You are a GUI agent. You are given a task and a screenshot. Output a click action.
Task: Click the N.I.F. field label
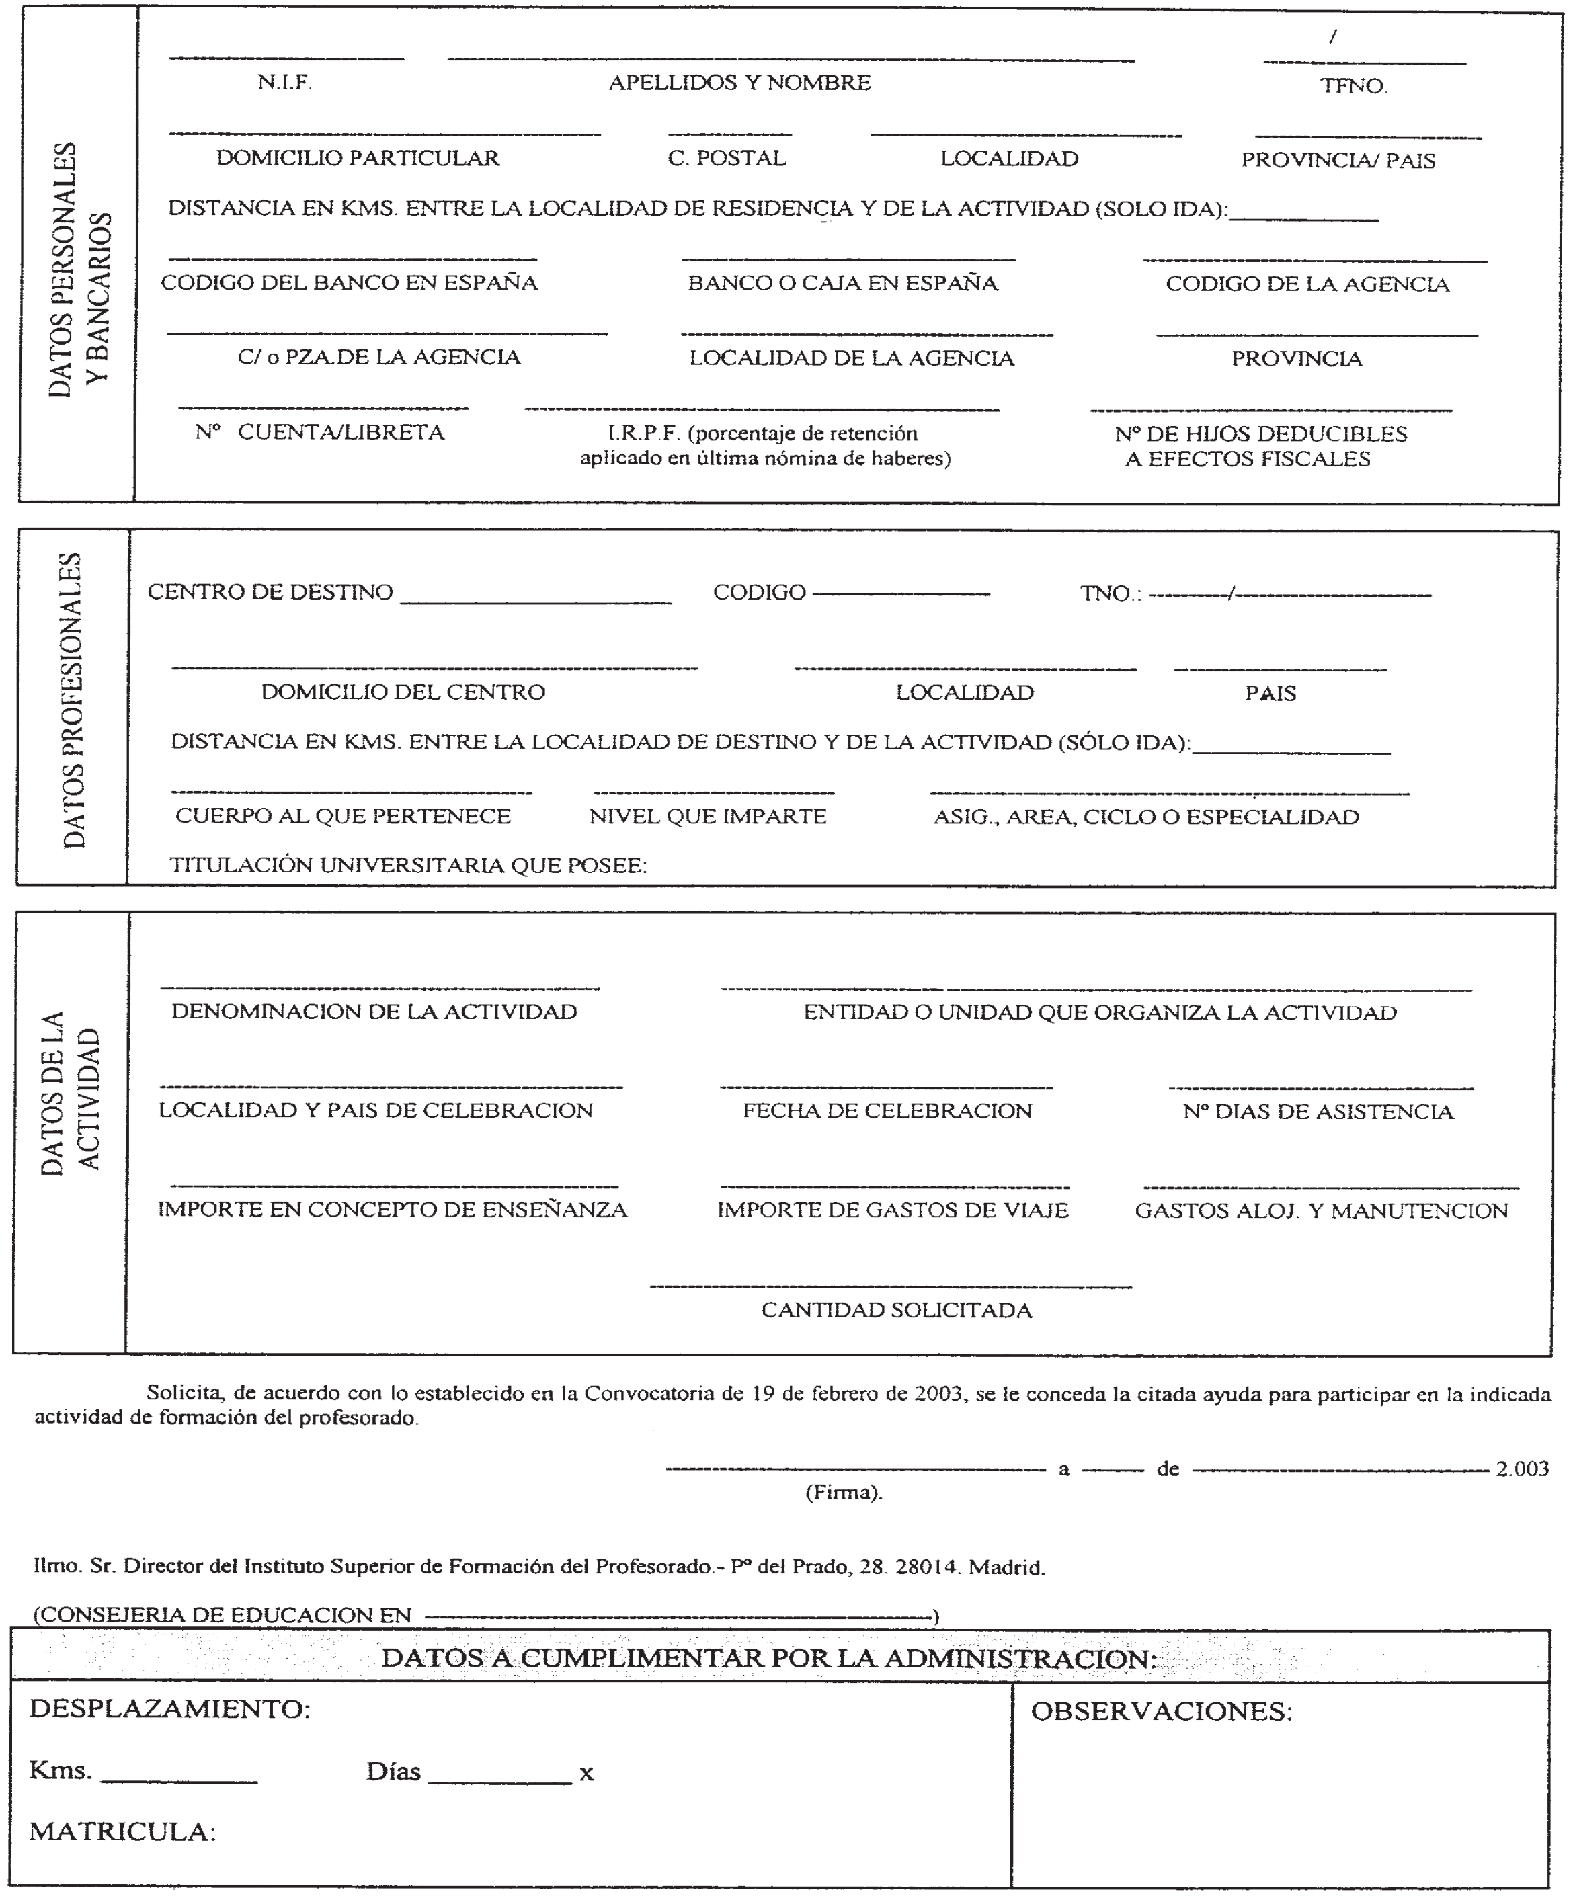284,82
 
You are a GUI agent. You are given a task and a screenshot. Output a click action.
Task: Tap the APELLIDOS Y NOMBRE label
739,82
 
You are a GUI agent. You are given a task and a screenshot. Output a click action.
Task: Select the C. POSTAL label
727,158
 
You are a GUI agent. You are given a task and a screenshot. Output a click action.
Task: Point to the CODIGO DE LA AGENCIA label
1307,284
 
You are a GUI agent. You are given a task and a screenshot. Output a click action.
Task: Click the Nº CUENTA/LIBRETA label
320,432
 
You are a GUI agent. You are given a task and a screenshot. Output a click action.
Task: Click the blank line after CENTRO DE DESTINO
536,602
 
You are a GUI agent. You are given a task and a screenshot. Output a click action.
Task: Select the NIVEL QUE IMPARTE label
708,816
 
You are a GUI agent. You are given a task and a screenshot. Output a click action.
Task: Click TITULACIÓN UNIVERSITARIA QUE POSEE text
408,865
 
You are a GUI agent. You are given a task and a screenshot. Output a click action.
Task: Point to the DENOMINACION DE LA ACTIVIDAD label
374,1012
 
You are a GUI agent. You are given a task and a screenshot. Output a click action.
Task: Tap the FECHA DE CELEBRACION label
887,1110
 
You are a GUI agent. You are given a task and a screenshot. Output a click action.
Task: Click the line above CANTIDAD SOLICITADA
890,1286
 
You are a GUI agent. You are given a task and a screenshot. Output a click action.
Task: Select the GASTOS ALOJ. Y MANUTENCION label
1321,1210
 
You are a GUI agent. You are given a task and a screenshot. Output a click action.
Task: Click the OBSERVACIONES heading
1161,1711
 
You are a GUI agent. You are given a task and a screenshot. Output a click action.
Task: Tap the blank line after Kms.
179,1781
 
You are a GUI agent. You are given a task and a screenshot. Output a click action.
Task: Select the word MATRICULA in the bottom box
121,1832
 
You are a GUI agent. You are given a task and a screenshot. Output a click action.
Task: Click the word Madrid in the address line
1006,1567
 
